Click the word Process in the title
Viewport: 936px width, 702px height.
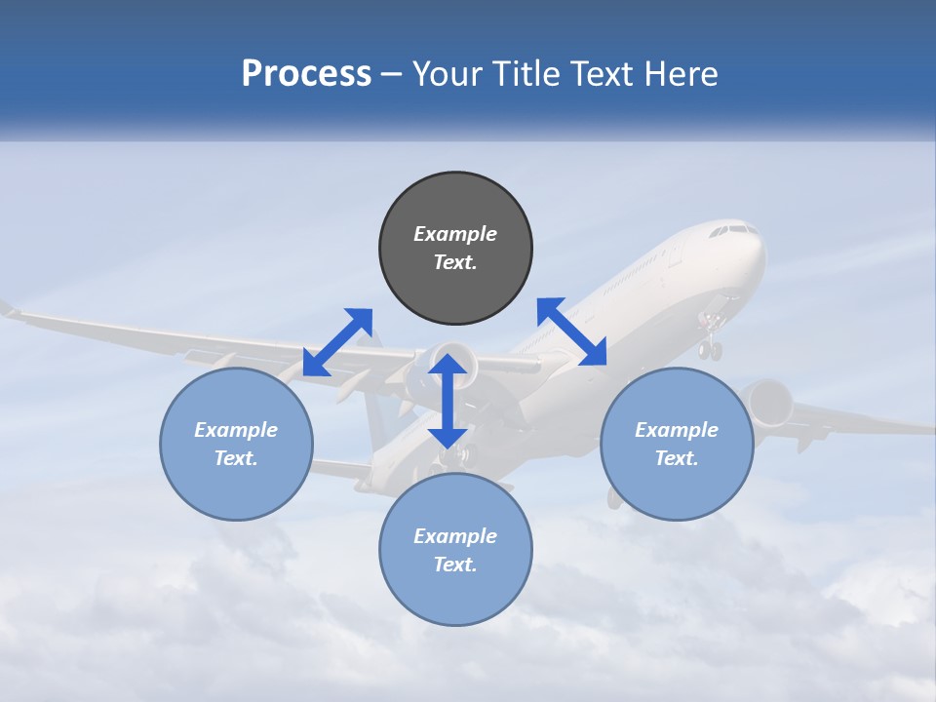pos(306,74)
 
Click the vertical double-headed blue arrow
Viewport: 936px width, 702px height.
pos(448,401)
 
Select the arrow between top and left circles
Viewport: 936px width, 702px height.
pos(337,341)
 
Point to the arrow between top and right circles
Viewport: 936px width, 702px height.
pos(571,331)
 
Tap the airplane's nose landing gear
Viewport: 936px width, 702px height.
pos(711,341)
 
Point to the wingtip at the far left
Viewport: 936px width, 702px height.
pos(8,309)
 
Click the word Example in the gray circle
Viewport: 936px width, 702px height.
pos(455,234)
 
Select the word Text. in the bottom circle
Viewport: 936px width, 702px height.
pos(455,565)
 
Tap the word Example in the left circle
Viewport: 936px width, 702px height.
pos(236,430)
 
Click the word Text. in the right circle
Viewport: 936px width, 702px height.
pos(677,458)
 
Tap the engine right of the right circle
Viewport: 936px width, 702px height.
pos(770,402)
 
